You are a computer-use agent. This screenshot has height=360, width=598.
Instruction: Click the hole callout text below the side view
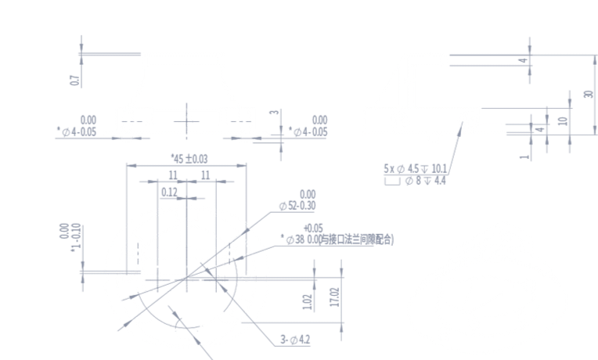(416, 167)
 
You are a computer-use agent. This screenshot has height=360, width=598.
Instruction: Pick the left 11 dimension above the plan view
(173, 174)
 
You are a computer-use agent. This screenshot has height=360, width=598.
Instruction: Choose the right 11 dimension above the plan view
(204, 174)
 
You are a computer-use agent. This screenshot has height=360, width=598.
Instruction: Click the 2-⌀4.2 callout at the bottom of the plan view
(295, 339)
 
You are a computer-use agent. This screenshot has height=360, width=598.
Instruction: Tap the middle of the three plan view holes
(186, 279)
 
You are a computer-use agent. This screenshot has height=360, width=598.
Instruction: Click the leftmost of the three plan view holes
(159, 279)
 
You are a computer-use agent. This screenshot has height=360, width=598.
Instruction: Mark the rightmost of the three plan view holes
(215, 279)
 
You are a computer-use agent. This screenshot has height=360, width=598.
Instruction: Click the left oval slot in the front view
(125, 121)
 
